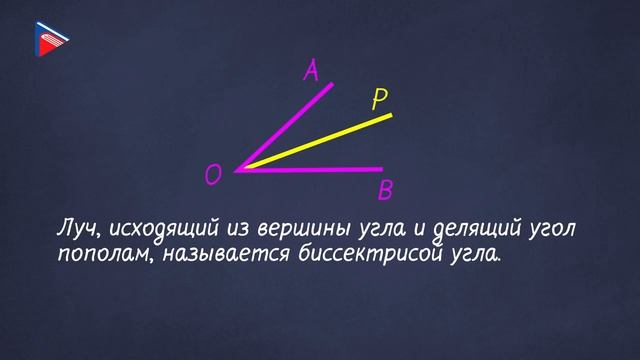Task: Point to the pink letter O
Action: pyautogui.click(x=212, y=176)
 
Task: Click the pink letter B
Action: pyautogui.click(x=385, y=190)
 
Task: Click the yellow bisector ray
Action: pyautogui.click(x=320, y=141)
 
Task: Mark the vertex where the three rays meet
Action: pyautogui.click(x=237, y=170)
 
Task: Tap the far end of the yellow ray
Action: pyautogui.click(x=390, y=115)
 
